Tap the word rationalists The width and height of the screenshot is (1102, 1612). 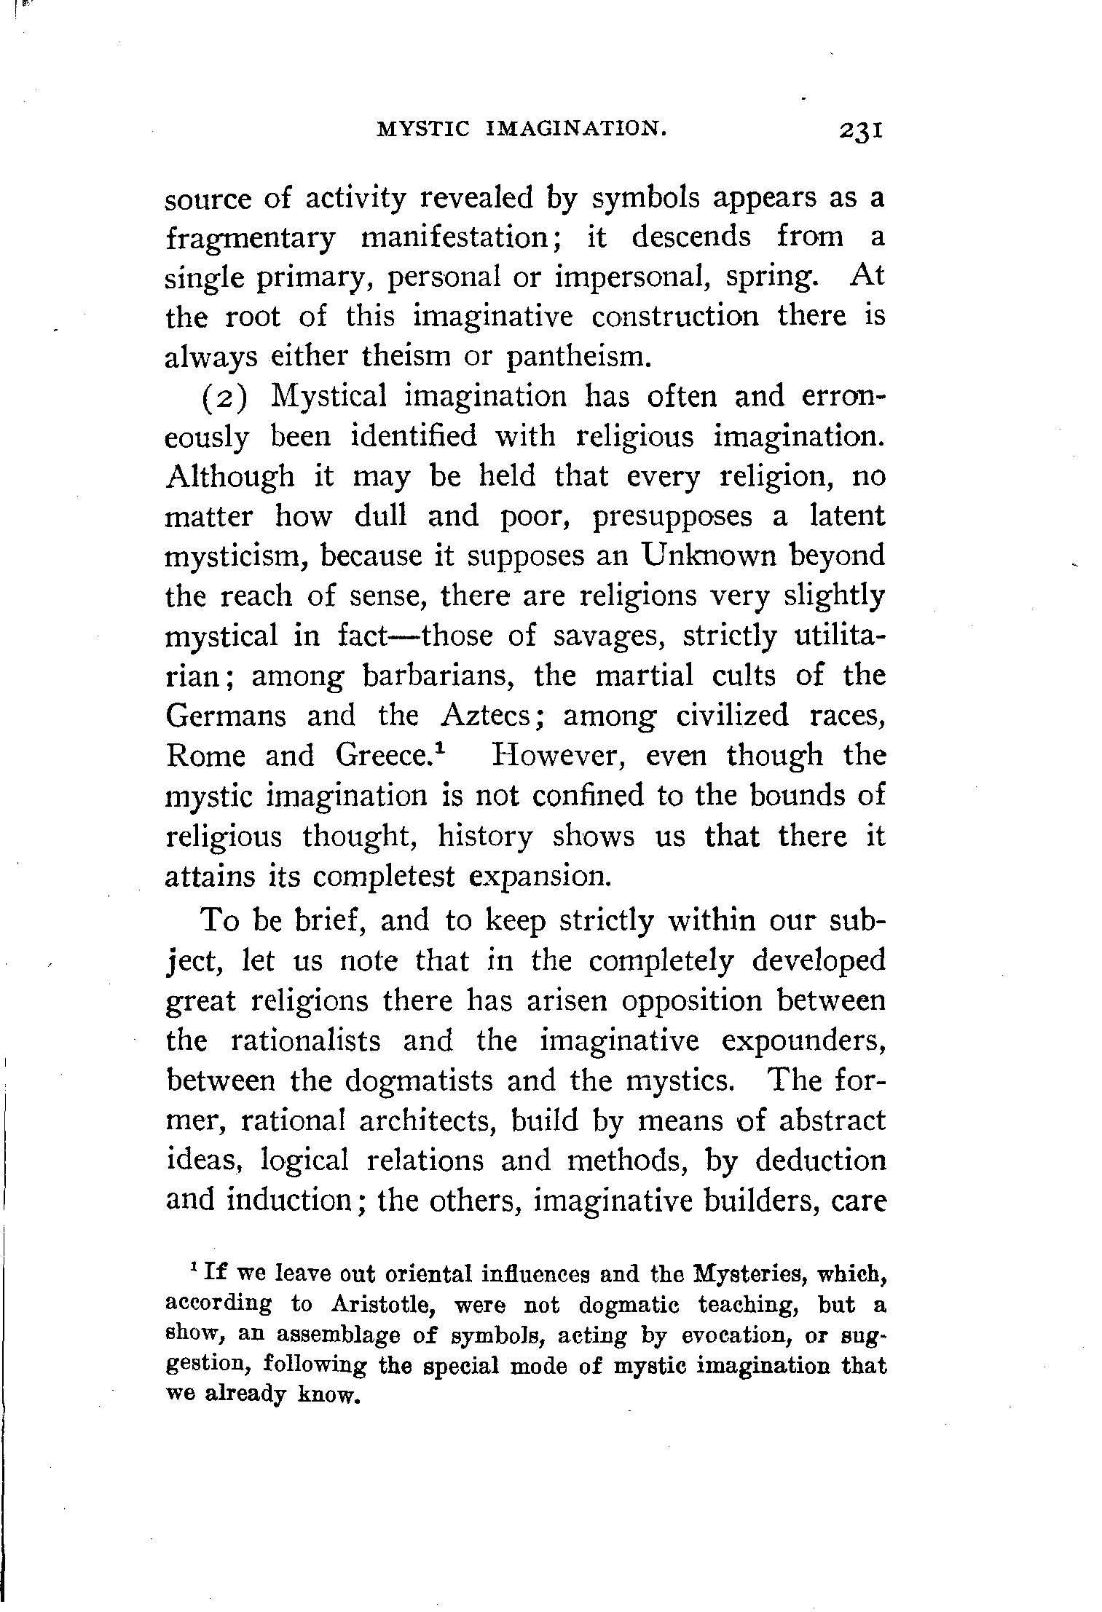[x=306, y=1040]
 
